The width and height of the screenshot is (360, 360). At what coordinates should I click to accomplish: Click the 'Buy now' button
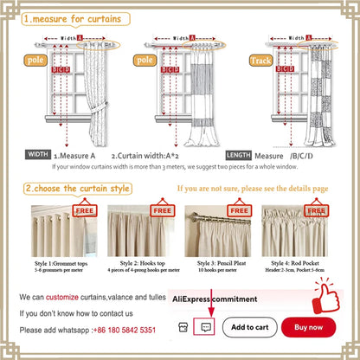[x=309, y=327]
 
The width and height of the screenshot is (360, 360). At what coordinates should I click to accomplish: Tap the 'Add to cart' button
[x=254, y=327]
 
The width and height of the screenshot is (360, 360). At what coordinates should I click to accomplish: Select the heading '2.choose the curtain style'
[x=80, y=188]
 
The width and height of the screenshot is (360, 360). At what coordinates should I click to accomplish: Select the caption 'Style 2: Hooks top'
[x=140, y=260]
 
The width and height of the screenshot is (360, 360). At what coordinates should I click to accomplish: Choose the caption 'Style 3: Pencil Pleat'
[x=218, y=260]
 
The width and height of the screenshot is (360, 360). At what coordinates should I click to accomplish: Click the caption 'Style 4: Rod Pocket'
[x=298, y=260]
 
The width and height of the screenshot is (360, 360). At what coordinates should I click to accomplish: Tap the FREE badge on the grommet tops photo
[x=85, y=209]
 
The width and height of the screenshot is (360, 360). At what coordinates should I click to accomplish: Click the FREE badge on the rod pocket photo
[x=324, y=210]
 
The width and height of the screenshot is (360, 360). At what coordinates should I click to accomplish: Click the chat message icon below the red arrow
[x=205, y=328]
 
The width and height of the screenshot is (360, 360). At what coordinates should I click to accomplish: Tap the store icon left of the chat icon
[x=183, y=328]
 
